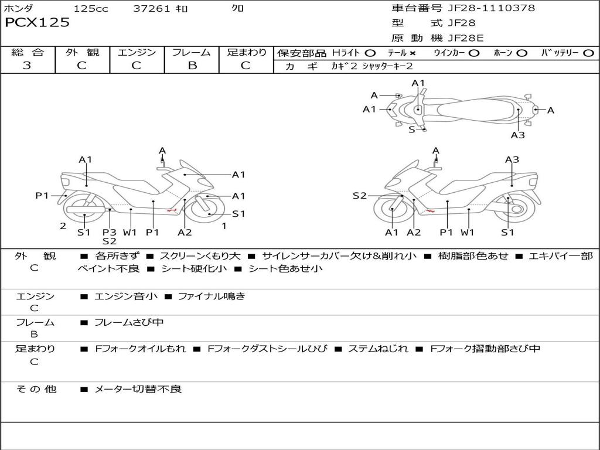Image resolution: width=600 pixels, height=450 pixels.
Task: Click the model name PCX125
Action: (37, 23)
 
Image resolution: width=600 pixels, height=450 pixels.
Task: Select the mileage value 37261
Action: (152, 9)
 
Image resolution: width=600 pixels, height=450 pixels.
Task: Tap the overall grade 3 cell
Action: (27, 66)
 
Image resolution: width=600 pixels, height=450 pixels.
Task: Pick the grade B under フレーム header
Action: (192, 66)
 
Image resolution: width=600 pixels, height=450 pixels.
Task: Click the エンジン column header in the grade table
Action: (137, 52)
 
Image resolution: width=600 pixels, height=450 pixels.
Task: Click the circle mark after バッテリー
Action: (588, 53)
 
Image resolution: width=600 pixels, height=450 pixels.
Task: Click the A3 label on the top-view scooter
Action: (517, 135)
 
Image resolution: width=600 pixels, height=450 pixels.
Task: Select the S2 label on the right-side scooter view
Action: (359, 196)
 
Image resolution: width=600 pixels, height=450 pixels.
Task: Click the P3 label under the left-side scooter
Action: (109, 232)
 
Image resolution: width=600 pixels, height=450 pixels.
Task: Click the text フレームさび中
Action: (129, 322)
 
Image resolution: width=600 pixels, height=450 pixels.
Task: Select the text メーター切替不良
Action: (138, 388)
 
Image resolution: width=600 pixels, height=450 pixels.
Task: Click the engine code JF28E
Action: (466, 38)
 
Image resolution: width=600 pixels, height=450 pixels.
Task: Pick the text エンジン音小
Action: (125, 296)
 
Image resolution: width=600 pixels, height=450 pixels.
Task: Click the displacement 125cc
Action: (91, 9)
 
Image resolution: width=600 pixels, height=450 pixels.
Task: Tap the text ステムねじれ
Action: (378, 349)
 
